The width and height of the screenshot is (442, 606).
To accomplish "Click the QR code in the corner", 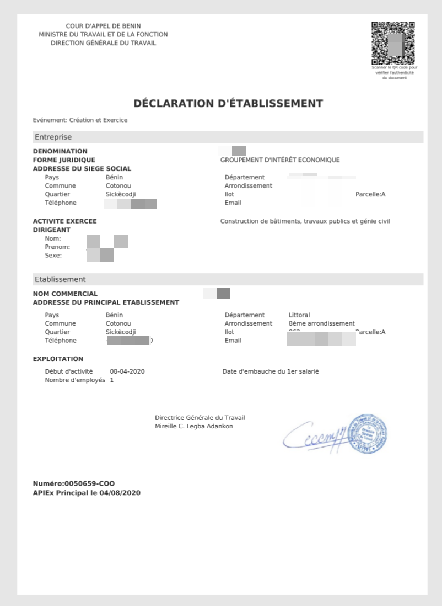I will [x=393, y=43].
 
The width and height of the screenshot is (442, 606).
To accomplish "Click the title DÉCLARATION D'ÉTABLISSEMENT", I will [x=228, y=104].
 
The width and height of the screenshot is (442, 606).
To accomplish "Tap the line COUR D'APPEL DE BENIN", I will [x=103, y=26].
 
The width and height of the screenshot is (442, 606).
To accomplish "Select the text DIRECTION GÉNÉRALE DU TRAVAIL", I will [x=103, y=43].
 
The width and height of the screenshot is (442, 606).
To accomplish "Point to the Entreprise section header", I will [x=53, y=137].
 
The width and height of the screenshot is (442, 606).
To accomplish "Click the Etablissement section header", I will [x=60, y=279].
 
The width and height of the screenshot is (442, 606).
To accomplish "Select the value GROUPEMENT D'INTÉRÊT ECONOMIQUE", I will [x=280, y=160].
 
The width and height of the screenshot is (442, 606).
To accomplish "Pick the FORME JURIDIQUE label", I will [x=64, y=160].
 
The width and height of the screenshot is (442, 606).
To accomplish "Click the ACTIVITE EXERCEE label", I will [x=64, y=221].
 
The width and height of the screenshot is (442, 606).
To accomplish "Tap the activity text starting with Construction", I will [x=305, y=221].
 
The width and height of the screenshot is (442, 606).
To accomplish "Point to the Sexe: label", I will [x=53, y=256].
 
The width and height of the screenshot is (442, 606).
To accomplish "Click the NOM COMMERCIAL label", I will [x=65, y=294].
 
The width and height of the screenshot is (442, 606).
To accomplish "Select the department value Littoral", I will [x=299, y=315].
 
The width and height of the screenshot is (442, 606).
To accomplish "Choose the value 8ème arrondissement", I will [x=321, y=323].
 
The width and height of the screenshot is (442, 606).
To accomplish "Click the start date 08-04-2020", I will [x=127, y=371].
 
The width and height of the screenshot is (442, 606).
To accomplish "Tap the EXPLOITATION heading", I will [x=58, y=359].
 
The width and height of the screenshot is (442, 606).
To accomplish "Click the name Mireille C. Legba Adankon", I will [x=193, y=427].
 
